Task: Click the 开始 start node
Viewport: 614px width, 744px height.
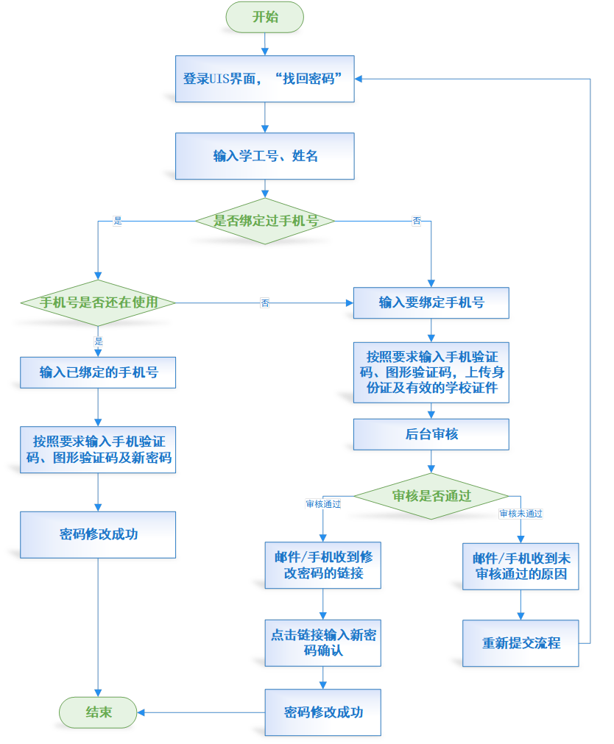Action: (x=265, y=17)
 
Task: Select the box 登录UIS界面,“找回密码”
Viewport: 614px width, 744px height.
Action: (x=265, y=79)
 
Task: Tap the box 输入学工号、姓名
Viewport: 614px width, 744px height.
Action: (x=265, y=156)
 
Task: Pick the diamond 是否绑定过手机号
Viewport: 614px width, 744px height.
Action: (x=265, y=221)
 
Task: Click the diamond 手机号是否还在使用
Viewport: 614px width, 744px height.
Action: (x=98, y=302)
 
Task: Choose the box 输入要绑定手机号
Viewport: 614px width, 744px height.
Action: (x=431, y=302)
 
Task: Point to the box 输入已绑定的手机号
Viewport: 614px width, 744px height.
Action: (x=98, y=372)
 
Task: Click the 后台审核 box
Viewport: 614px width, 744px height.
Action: (x=431, y=434)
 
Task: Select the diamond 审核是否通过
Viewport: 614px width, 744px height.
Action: (x=431, y=495)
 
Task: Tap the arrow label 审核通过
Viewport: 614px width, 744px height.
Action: (x=323, y=504)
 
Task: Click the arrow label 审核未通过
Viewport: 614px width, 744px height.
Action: (x=521, y=514)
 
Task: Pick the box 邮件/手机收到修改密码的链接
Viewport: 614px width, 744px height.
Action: (x=323, y=565)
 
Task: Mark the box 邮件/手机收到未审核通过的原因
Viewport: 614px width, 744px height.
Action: (x=521, y=565)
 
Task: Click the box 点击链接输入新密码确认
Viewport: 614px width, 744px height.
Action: (x=323, y=642)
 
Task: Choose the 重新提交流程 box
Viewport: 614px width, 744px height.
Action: (x=521, y=642)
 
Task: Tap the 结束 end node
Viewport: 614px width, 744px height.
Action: (x=98, y=712)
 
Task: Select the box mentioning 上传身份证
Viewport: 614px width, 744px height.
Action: (x=431, y=372)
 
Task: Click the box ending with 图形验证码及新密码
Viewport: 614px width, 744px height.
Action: (x=98, y=449)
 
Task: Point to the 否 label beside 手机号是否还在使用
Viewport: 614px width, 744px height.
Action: (x=264, y=303)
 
